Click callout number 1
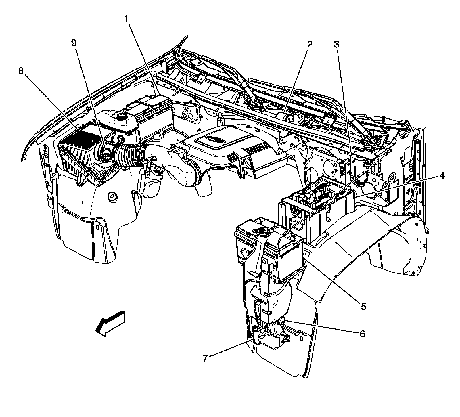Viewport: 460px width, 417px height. [x=126, y=19]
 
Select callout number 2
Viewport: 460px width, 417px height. [x=310, y=45]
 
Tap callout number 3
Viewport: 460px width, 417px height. [x=336, y=45]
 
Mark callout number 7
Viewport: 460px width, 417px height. [x=205, y=359]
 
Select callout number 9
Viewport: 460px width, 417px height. [x=74, y=43]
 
